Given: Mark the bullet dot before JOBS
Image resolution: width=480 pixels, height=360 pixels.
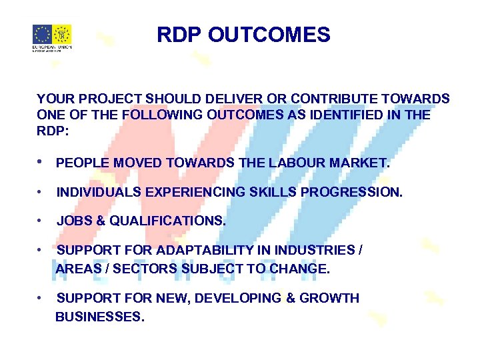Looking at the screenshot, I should click(41, 221).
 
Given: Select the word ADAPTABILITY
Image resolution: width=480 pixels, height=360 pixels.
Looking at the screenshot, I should click(204, 250).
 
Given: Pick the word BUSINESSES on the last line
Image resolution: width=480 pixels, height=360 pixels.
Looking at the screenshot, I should click(99, 317).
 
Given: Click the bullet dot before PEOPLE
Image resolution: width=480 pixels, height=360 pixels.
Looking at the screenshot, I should click(41, 162).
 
